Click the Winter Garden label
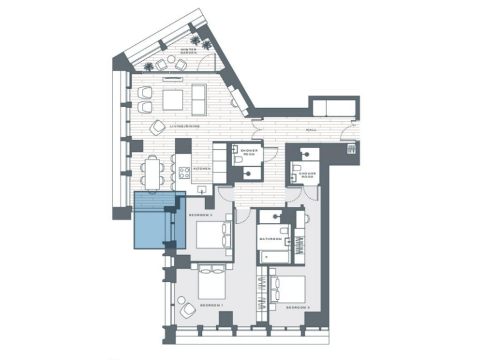point(189,51)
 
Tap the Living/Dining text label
point(184,126)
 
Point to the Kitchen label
point(200,169)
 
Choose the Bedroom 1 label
point(211,305)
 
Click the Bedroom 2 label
point(202,216)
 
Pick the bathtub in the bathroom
point(273,256)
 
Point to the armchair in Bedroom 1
point(186,309)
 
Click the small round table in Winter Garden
point(171,62)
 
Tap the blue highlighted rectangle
point(160,221)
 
